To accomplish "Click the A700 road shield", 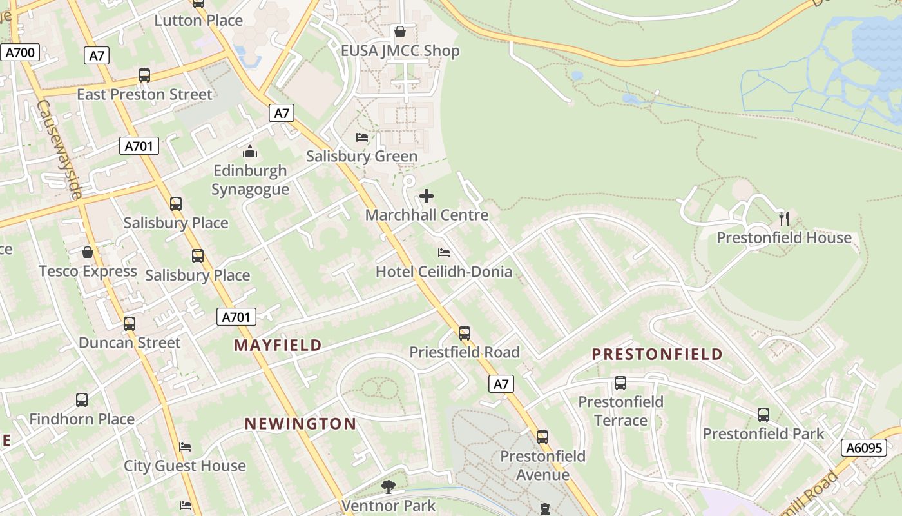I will point(20,52).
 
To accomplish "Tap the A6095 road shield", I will point(863,448).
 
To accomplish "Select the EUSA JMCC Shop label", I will point(400,51).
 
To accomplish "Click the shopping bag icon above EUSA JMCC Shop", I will point(400,32).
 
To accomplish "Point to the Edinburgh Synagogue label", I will point(250,180).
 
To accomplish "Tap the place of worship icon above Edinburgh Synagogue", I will point(250,152).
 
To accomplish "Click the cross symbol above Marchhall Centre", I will point(427,196).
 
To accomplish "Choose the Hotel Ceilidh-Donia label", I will point(444,272).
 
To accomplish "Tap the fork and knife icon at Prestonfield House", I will point(784,218).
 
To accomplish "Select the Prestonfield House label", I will point(784,238).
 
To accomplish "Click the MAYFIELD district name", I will point(278,345).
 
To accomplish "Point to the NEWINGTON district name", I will point(300,424).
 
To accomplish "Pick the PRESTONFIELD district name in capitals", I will point(657,354).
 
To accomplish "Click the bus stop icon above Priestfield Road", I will point(465,333).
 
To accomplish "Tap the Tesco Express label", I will point(88,271).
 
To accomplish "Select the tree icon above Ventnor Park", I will point(388,486).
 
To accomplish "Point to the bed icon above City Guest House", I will point(185,446).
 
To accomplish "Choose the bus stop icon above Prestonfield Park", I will point(763,415).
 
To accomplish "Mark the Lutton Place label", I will point(198,20).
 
